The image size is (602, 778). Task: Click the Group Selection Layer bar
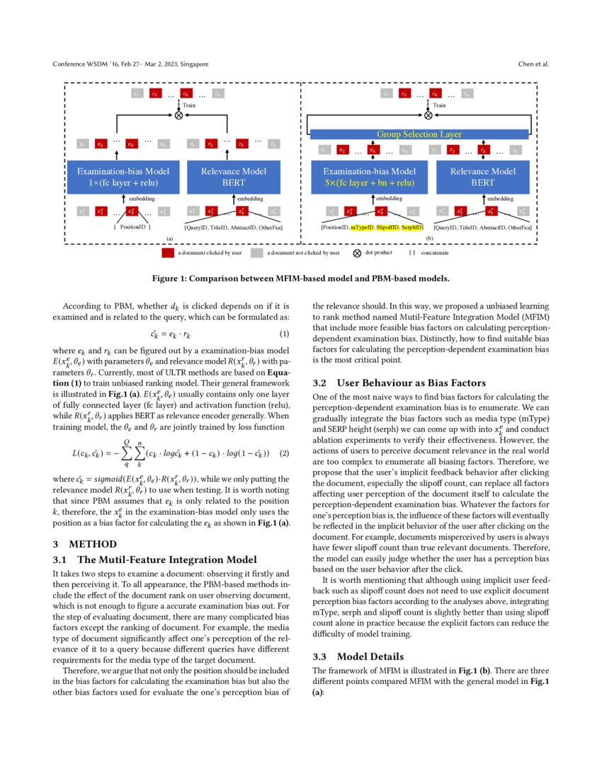point(419,134)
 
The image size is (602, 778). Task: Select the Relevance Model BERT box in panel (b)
point(483,177)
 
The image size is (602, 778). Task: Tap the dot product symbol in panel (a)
point(178,114)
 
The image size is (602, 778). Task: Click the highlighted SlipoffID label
point(387,227)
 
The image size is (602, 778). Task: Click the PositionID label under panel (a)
point(132,227)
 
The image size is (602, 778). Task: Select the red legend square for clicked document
point(167,252)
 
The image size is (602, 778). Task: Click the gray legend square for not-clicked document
point(257,252)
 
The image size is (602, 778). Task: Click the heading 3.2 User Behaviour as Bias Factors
point(401,383)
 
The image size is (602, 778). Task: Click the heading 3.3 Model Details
point(369,656)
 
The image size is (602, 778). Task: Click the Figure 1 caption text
point(300,278)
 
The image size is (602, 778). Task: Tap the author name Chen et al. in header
point(533,64)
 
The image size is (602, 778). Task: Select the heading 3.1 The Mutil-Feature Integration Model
point(155,559)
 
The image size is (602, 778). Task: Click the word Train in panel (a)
point(190,104)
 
